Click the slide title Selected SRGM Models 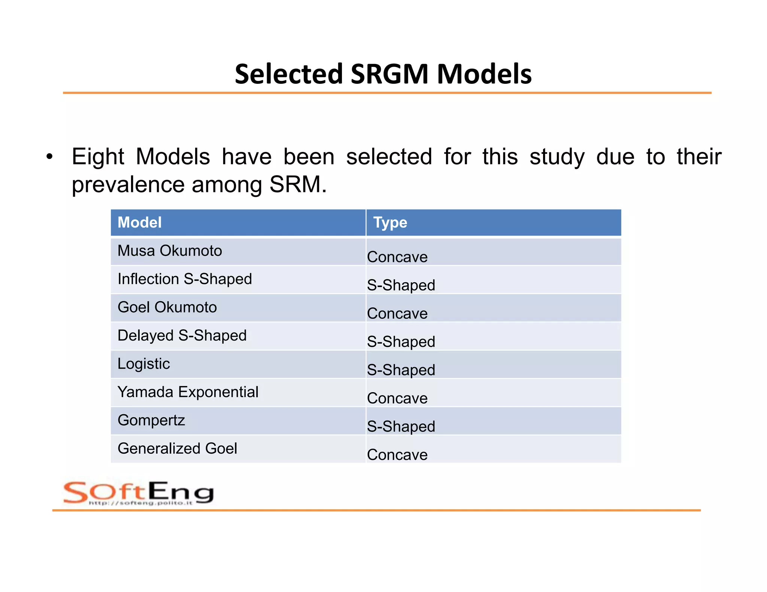tap(383, 74)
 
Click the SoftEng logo tap(139, 493)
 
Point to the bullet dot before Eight tap(49, 157)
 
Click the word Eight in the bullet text tap(98, 157)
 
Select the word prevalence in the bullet tap(128, 184)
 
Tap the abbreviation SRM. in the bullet tap(298, 184)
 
